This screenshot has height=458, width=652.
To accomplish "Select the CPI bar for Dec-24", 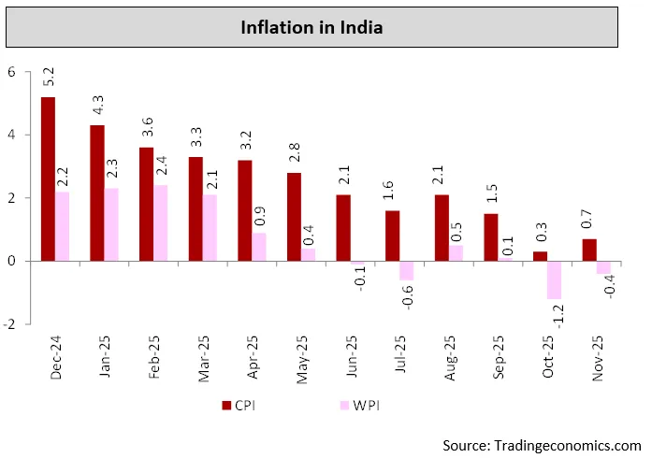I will coord(48,179).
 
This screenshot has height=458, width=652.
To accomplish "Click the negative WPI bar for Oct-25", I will coord(555,279).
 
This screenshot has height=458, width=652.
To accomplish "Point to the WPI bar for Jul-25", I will coord(407,270).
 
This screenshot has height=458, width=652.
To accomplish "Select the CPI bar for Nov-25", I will coord(589,250).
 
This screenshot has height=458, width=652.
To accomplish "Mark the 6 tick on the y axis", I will coord(12,72).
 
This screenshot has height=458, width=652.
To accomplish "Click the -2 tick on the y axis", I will coord(10,323).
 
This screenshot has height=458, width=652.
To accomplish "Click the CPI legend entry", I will coord(239,405).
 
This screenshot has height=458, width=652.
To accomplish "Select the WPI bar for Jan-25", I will coord(111,224).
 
